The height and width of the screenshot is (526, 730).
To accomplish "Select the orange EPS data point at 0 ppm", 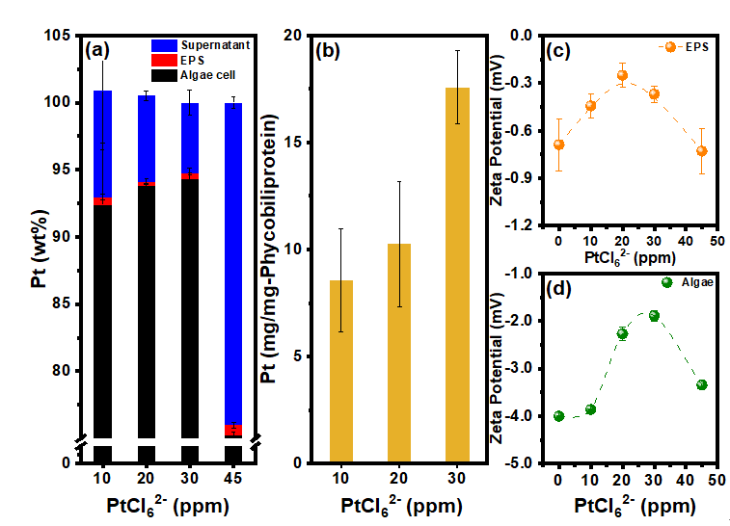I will click(x=558, y=145).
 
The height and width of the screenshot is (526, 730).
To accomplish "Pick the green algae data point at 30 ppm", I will click(x=654, y=315).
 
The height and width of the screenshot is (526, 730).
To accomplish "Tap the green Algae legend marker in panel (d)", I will click(x=666, y=282).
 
